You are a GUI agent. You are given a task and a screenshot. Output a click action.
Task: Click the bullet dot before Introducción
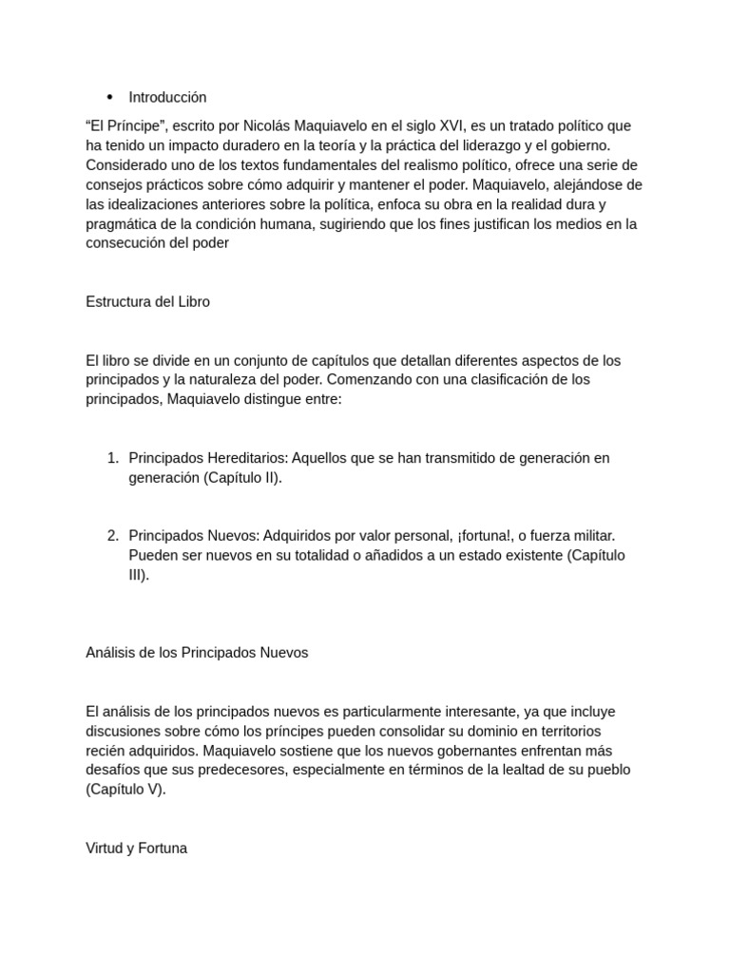click(x=109, y=97)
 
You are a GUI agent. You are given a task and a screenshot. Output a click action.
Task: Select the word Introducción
click(x=167, y=97)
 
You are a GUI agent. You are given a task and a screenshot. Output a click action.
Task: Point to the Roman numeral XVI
click(x=446, y=126)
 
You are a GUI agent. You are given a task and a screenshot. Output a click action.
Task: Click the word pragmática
click(x=124, y=224)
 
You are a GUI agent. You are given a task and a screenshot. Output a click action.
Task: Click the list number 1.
click(x=113, y=458)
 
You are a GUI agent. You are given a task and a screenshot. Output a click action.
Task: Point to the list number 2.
click(x=113, y=536)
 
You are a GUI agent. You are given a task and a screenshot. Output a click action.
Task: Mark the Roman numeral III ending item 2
click(x=137, y=575)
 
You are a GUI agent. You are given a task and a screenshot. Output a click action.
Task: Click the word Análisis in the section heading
click(x=112, y=653)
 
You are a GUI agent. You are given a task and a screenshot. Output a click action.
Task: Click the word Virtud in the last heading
click(x=105, y=849)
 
